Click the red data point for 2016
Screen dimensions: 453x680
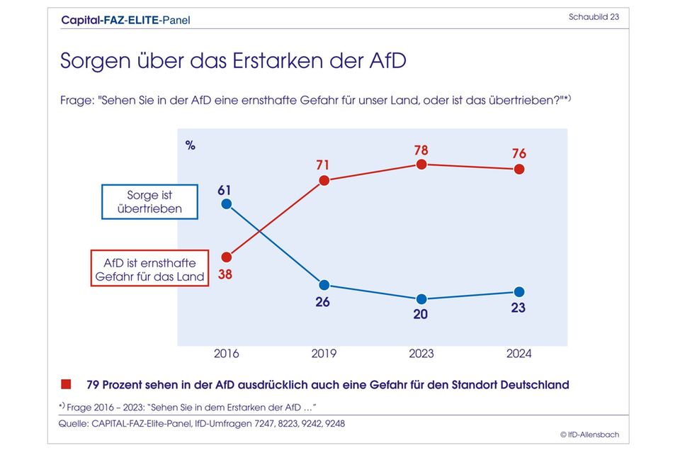pyautogui.click(x=227, y=257)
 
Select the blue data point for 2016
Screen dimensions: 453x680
pyautogui.click(x=227, y=204)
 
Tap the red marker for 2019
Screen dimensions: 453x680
pyautogui.click(x=324, y=180)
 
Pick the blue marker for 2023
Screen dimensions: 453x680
pyautogui.click(x=421, y=298)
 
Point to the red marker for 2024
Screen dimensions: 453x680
pyautogui.click(x=519, y=169)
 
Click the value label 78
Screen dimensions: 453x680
pyautogui.click(x=421, y=150)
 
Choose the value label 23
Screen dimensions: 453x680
pyautogui.click(x=519, y=308)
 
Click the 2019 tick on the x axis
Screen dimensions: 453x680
pyautogui.click(x=324, y=353)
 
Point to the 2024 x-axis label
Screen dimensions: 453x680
pyautogui.click(x=519, y=353)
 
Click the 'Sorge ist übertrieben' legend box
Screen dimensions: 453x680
pyautogui.click(x=149, y=201)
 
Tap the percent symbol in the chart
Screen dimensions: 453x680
pyautogui.click(x=191, y=145)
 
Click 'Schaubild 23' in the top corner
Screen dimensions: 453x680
pyautogui.click(x=594, y=17)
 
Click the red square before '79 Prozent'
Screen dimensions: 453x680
pyautogui.click(x=66, y=385)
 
